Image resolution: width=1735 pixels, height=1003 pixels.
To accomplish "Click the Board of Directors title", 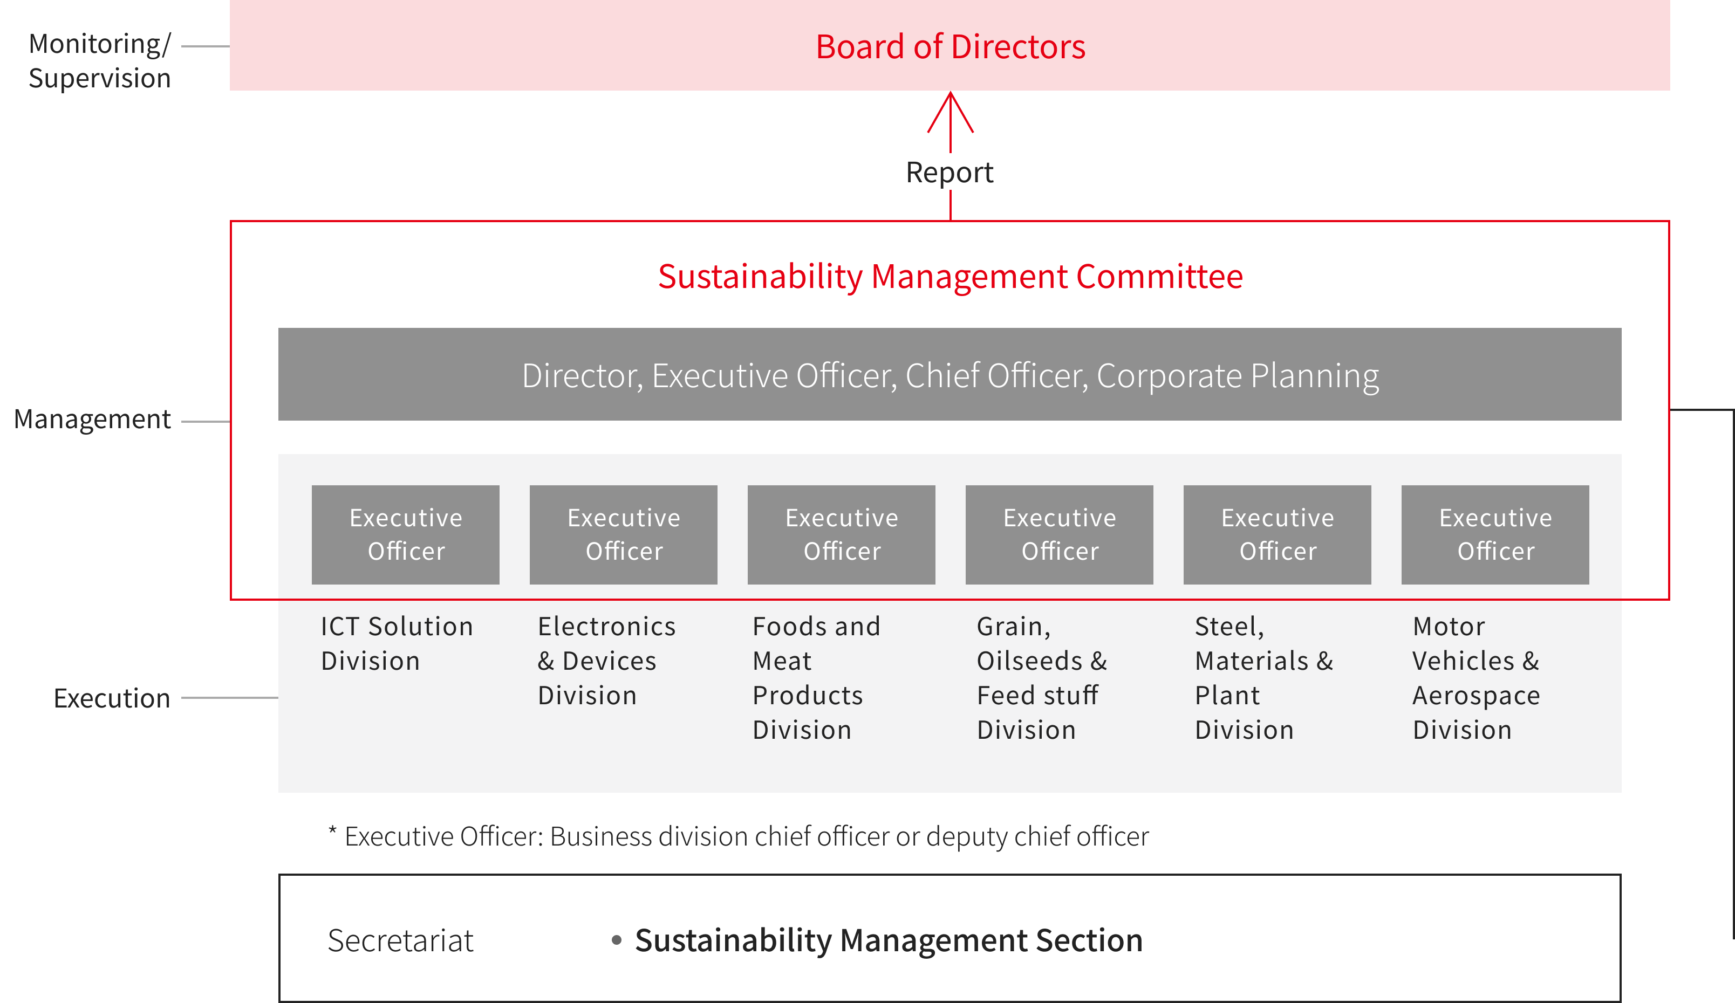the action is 950,47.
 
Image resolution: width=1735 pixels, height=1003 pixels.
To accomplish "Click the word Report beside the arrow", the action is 950,172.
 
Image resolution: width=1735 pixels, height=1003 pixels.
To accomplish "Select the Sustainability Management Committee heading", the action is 950,277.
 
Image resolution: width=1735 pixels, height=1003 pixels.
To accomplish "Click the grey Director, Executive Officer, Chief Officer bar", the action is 950,374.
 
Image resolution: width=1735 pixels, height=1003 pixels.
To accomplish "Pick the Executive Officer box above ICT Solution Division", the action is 406,535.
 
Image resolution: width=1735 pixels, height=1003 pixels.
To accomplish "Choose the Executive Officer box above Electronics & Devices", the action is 623,535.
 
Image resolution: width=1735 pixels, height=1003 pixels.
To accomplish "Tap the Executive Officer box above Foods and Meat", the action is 842,535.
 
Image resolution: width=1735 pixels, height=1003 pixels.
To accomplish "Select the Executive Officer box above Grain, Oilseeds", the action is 1059,535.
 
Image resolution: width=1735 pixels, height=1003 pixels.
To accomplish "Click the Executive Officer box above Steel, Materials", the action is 1277,535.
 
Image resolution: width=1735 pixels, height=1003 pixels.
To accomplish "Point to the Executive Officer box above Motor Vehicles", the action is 1495,535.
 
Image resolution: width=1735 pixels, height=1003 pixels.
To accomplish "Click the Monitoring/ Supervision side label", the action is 100,60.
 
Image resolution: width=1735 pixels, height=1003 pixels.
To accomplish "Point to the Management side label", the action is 92,419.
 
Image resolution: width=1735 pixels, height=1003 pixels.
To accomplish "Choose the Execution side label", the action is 112,698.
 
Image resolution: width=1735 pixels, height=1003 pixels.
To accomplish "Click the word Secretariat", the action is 401,940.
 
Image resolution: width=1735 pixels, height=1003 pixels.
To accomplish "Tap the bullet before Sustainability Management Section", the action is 617,940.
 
